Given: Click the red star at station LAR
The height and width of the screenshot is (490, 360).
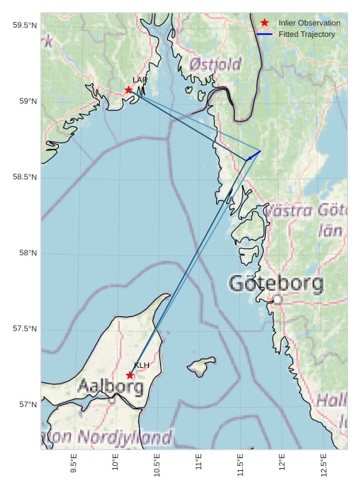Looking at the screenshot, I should pyautogui.click(x=128, y=90).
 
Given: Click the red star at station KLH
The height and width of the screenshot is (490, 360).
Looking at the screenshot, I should pyautogui.click(x=130, y=375).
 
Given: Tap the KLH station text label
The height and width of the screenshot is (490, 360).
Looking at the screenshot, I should pyautogui.click(x=142, y=365).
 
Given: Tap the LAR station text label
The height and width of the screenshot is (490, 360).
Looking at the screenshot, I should pyautogui.click(x=140, y=80).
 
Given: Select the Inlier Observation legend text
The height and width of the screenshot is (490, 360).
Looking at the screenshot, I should pyautogui.click(x=309, y=23).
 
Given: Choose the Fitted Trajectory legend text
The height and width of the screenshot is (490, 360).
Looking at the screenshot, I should pyautogui.click(x=307, y=34).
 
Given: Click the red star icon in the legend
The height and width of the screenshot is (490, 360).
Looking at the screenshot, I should pyautogui.click(x=264, y=23).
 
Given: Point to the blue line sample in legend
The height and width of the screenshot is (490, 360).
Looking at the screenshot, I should pyautogui.click(x=264, y=34).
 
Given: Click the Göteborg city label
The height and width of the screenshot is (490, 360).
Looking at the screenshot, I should pyautogui.click(x=276, y=284).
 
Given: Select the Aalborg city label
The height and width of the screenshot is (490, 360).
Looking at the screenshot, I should pyautogui.click(x=111, y=387).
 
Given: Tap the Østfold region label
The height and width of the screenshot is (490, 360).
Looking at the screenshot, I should pyautogui.click(x=215, y=65).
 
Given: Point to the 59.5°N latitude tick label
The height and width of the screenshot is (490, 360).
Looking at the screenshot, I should pyautogui.click(x=24, y=26).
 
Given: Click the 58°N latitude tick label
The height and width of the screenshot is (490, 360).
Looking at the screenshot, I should pyautogui.click(x=26, y=253).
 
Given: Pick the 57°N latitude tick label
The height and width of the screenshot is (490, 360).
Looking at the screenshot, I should pyautogui.click(x=26, y=405).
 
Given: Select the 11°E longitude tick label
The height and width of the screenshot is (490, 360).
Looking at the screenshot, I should pyautogui.click(x=199, y=462).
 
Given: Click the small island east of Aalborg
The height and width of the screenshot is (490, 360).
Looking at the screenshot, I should pyautogui.click(x=201, y=366).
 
